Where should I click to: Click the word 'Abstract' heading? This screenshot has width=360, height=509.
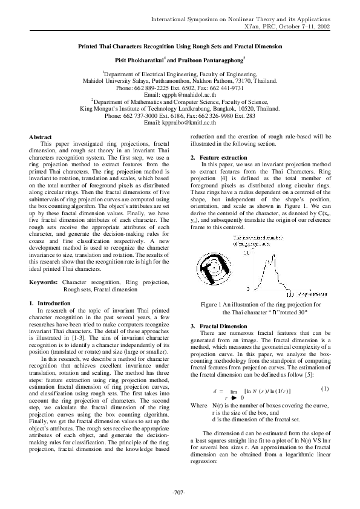[41, 137]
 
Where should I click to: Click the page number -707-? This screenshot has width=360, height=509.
[180, 490]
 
